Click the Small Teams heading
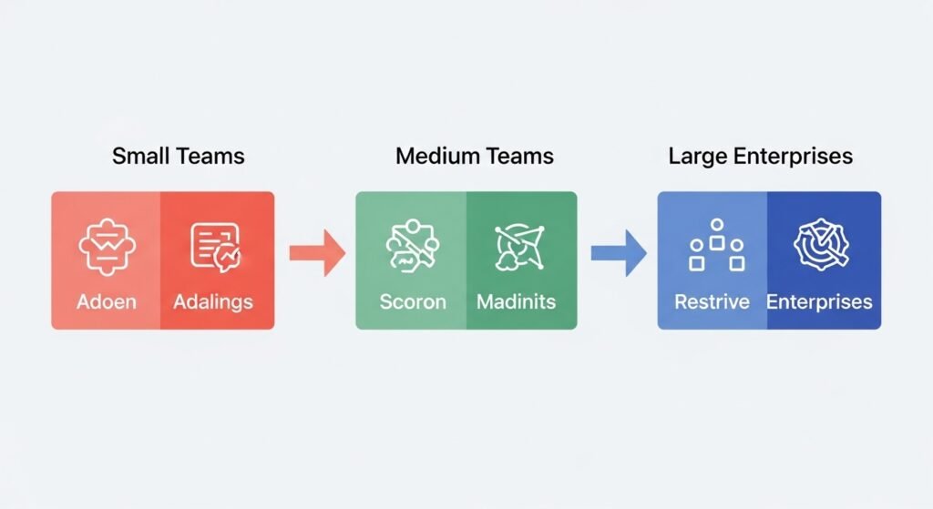178,156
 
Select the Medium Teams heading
474,156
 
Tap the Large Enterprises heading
760,156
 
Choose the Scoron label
413,301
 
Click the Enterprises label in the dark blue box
819,301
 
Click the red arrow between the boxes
316,252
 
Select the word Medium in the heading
436,156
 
